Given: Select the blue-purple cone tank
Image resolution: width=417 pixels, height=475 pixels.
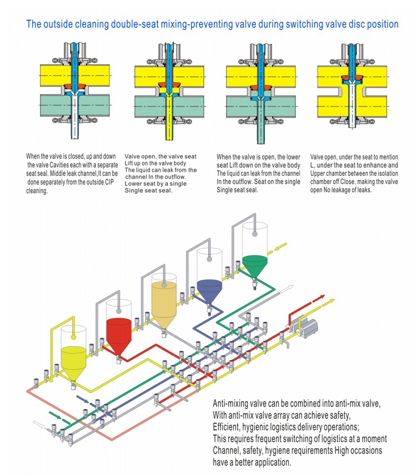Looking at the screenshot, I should click(210, 289).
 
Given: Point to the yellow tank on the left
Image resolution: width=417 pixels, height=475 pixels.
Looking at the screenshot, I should click(74, 360).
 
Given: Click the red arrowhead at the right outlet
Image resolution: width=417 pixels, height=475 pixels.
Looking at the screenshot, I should click(322, 297).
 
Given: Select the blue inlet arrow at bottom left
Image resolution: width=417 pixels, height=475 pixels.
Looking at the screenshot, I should click(82, 399).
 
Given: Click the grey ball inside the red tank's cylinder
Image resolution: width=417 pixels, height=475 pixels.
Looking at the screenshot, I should click(119, 304).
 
